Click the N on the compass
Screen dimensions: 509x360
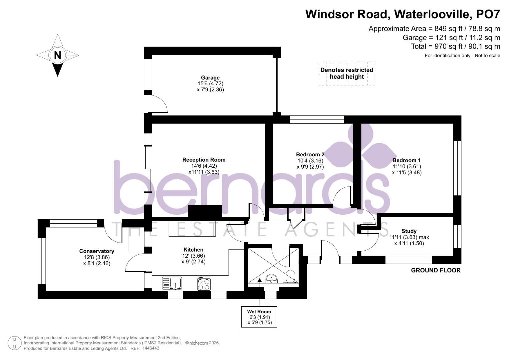[57, 55]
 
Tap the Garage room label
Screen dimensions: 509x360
[210, 78]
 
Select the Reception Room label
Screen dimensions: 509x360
[204, 160]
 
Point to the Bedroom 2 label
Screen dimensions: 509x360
[310, 155]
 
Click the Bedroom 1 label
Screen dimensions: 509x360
[407, 160]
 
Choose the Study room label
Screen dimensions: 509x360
[409, 231]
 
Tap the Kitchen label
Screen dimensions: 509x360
[193, 250]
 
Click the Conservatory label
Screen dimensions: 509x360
[97, 251]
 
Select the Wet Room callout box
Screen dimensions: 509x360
[259, 317]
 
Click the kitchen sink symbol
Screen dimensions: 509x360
[172, 283]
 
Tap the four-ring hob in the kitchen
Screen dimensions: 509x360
[204, 283]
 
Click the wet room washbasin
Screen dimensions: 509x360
[271, 278]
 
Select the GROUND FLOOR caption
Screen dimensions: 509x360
[436, 270]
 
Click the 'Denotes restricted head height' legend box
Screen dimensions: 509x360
[347, 74]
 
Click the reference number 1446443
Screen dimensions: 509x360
[151, 348]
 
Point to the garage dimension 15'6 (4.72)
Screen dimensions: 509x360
[210, 84]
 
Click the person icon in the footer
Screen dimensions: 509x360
[15, 343]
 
